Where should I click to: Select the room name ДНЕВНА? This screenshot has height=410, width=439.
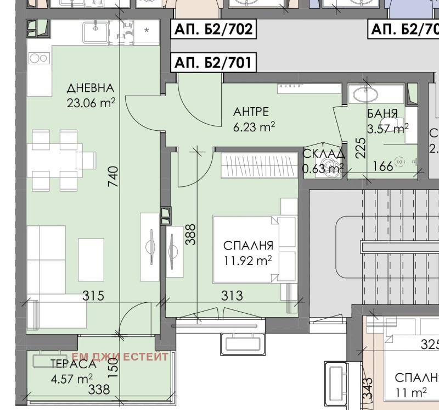click(x=91, y=88)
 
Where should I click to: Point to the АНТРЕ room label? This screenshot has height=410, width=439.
click(x=251, y=112)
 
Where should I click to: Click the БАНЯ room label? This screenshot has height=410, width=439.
click(x=382, y=115)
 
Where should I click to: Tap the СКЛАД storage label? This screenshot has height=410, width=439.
click(x=324, y=153)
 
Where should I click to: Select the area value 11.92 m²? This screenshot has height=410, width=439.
click(x=249, y=260)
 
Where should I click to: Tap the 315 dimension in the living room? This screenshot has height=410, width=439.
click(x=93, y=296)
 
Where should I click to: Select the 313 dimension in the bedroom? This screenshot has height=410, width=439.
click(x=232, y=296)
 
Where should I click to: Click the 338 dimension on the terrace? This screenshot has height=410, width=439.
click(x=99, y=390)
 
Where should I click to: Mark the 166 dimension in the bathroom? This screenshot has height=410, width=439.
click(x=382, y=165)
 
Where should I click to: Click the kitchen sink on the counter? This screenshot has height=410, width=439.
click(x=95, y=32)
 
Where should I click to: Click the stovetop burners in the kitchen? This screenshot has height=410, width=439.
click(x=38, y=58)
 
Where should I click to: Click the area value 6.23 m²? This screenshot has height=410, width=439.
click(x=254, y=128)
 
